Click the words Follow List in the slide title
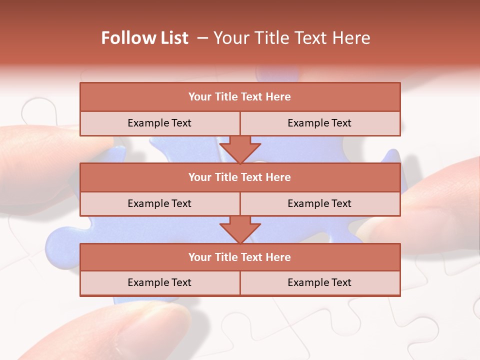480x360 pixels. click(x=144, y=38)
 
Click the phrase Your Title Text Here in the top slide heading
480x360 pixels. click(x=292, y=38)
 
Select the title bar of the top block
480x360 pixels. click(x=240, y=97)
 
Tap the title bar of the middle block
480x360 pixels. click(x=240, y=177)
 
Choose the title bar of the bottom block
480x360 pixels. click(x=240, y=257)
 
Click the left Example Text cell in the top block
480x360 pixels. click(x=159, y=123)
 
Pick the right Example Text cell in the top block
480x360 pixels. click(x=319, y=123)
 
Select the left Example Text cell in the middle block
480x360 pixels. click(x=159, y=203)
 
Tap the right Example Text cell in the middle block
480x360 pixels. click(x=319, y=203)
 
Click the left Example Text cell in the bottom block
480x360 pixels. click(x=159, y=282)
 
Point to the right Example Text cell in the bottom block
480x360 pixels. click(x=319, y=282)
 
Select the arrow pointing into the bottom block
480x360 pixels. click(x=240, y=229)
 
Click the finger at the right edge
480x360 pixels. click(x=445, y=200)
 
